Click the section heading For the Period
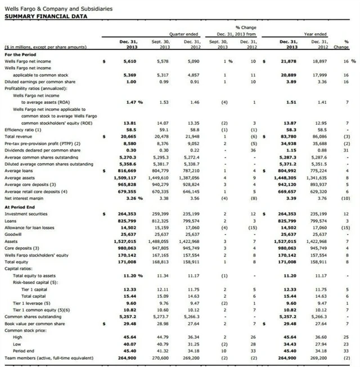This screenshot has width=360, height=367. tap(20, 54)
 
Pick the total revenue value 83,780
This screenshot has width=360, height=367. tap(287, 136)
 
